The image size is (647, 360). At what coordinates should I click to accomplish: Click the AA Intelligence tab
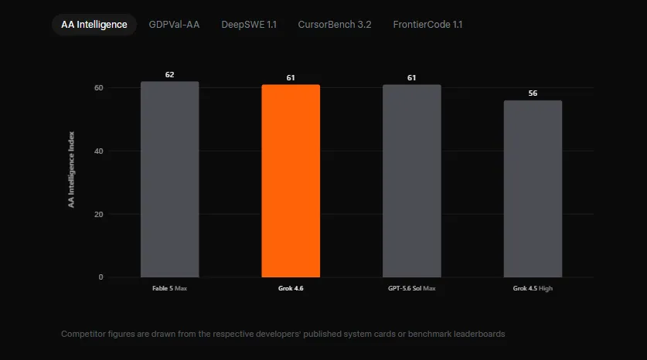(x=94, y=24)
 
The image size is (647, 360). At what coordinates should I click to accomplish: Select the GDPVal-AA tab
(x=174, y=24)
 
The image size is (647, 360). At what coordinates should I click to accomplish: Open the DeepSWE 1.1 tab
(x=249, y=24)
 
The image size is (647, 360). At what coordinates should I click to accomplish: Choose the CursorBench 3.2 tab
(x=335, y=24)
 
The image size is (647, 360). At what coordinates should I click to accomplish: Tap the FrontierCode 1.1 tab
(x=427, y=24)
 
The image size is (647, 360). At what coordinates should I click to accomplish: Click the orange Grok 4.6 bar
(x=291, y=181)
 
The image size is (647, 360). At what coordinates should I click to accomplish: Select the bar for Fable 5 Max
(x=169, y=179)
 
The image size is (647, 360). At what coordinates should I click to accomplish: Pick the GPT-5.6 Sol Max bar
(x=412, y=181)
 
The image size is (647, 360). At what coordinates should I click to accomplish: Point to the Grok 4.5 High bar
(x=533, y=188)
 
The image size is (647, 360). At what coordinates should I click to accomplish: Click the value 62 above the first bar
(x=169, y=75)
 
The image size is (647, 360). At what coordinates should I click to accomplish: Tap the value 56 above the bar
(x=533, y=93)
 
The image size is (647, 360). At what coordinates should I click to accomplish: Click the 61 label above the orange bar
(x=291, y=77)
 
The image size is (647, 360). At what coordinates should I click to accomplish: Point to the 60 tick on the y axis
(x=99, y=87)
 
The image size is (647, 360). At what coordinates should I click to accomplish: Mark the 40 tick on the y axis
(x=99, y=151)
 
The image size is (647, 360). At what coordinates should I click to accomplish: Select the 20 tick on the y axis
(x=99, y=214)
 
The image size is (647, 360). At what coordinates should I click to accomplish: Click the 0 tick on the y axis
(x=100, y=277)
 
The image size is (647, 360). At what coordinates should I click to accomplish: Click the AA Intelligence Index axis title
(x=71, y=169)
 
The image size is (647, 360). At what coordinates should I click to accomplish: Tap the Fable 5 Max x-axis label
(x=169, y=288)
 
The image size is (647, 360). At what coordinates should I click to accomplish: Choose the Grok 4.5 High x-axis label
(x=533, y=288)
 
